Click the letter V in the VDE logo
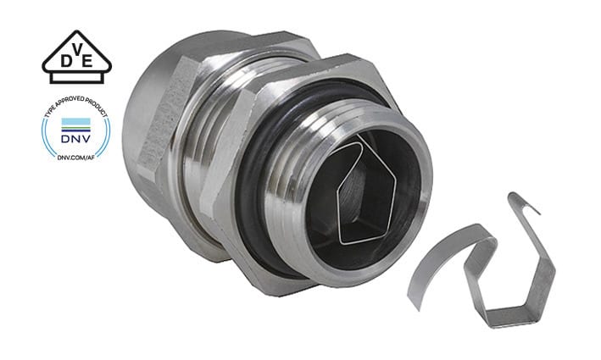[78, 48]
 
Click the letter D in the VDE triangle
[66, 61]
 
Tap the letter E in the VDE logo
[87, 61]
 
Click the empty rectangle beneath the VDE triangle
[76, 78]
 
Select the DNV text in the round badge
[76, 138]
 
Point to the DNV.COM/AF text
[76, 157]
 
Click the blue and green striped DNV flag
[76, 125]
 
